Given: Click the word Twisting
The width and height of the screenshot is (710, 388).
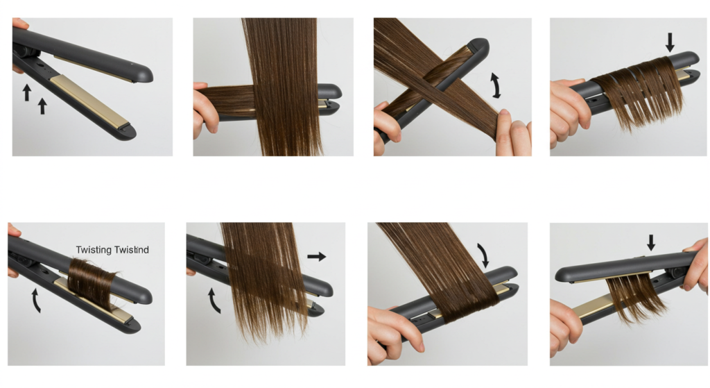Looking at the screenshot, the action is pyautogui.click(x=94, y=250).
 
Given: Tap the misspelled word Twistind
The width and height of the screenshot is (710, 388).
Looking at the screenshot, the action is pyautogui.click(x=131, y=250).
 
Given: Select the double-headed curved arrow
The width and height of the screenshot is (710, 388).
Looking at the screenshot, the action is pyautogui.click(x=496, y=85).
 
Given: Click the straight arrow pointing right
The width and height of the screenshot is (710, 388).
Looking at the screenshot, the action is pyautogui.click(x=316, y=257).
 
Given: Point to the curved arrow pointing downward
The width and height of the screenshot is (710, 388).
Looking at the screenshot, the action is pyautogui.click(x=483, y=255).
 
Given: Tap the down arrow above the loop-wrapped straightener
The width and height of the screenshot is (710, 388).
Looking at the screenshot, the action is pyautogui.click(x=670, y=42).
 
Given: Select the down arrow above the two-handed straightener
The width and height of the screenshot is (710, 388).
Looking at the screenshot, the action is pyautogui.click(x=650, y=242).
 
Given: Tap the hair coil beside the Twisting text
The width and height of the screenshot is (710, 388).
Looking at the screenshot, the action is pyautogui.click(x=92, y=282).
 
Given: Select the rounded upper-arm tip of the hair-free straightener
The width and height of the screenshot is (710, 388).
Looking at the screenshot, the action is pyautogui.click(x=144, y=74).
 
